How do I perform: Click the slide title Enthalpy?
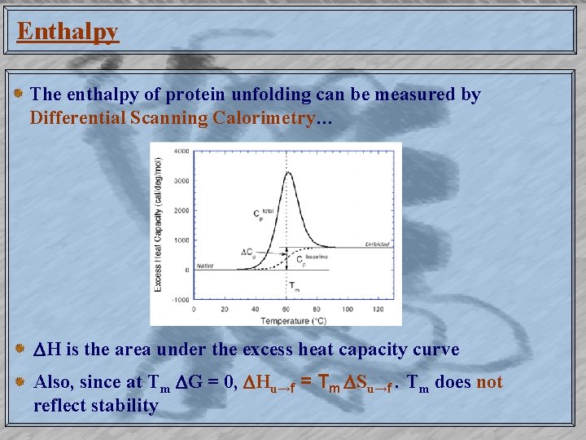point(68,32)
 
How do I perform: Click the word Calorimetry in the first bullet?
point(263,118)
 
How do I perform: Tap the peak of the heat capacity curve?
point(287,172)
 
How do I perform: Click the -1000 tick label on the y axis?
point(179,300)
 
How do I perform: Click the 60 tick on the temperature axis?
point(287,310)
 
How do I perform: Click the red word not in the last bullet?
point(489,383)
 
